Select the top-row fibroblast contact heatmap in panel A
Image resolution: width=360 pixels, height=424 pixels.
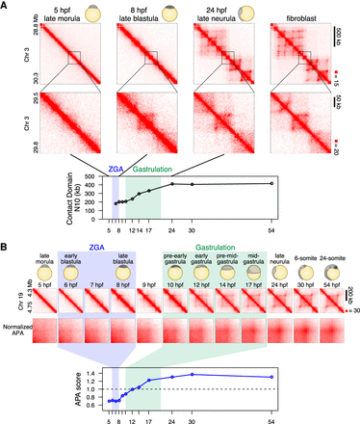coord(296,57)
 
